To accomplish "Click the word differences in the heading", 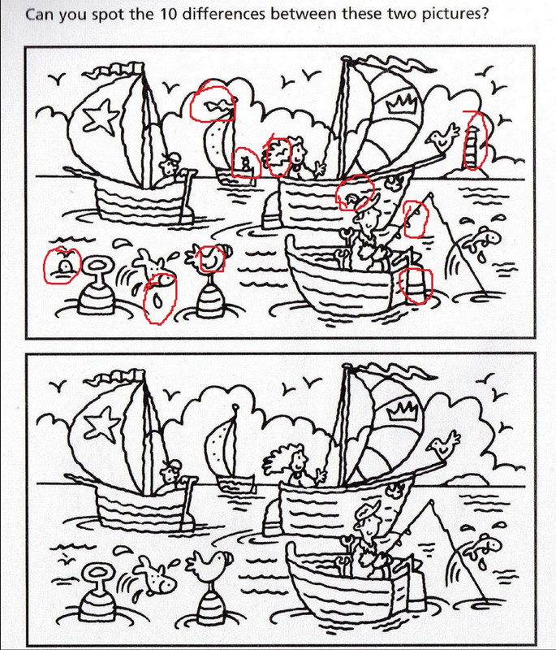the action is coord(224,14).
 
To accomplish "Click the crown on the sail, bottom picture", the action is coord(403,410).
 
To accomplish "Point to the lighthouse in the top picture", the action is coord(471,145).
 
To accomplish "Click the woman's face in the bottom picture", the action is coord(297,458).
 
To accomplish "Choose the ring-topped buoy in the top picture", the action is coord(97,286).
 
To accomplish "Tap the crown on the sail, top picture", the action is coord(403,104).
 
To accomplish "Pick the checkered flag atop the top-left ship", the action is coord(114,71).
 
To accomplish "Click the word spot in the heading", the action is coord(107,15).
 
